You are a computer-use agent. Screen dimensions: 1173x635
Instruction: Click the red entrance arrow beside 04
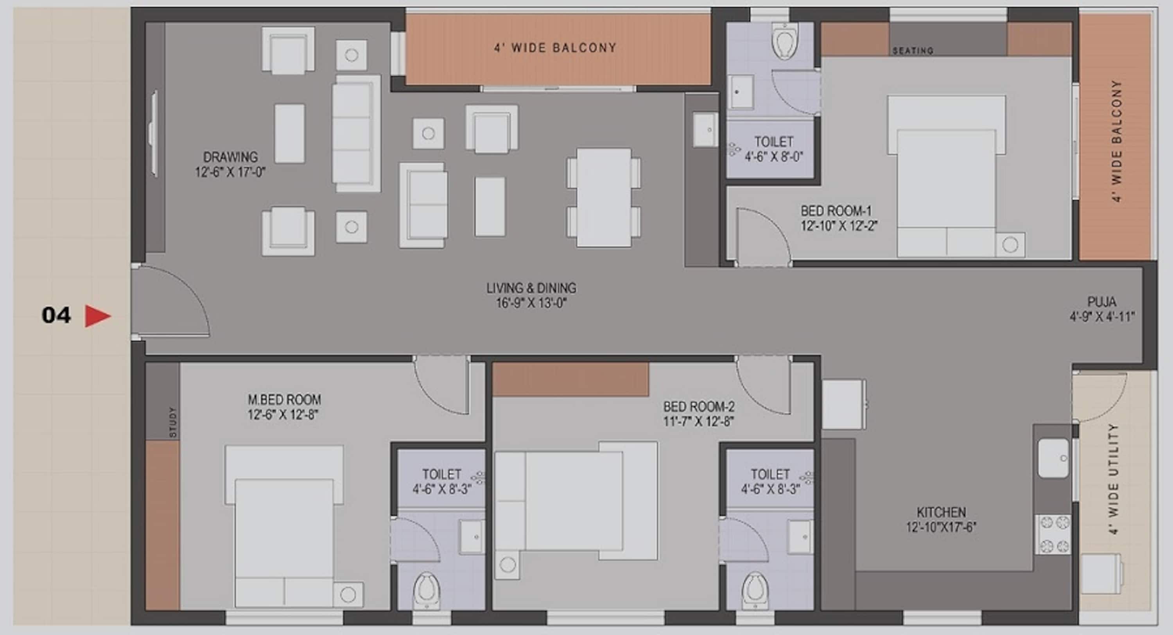click(97, 316)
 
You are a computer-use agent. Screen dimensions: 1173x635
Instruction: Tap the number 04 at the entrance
click(56, 315)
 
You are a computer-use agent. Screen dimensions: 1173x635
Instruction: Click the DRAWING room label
click(230, 157)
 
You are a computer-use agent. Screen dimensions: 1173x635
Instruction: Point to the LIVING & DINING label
click(531, 288)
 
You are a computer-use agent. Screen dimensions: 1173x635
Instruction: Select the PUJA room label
click(1102, 302)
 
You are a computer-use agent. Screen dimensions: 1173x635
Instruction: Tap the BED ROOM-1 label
click(836, 211)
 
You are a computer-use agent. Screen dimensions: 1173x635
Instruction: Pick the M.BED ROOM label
click(284, 399)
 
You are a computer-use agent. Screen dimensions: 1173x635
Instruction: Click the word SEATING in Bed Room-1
click(913, 50)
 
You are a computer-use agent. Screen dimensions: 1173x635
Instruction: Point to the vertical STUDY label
click(172, 423)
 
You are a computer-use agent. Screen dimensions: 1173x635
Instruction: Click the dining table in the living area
click(604, 198)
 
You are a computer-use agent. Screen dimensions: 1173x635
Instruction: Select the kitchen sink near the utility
click(1054, 458)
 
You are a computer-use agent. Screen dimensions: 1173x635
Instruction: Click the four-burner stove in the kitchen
click(1053, 534)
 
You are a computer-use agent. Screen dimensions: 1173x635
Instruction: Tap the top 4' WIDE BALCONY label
click(556, 48)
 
